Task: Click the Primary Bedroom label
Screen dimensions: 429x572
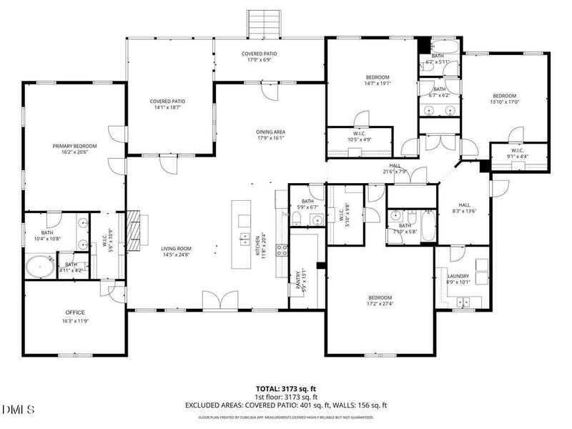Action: tap(74, 146)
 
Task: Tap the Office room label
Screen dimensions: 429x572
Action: tap(75, 312)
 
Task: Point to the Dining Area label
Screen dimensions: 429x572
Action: tap(271, 132)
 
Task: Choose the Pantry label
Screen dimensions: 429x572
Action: tap(298, 280)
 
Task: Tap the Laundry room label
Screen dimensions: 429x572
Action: tap(458, 276)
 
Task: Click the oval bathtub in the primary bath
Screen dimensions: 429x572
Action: tap(39, 268)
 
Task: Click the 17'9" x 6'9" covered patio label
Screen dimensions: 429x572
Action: tap(259, 60)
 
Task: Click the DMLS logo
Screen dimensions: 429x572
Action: tap(18, 409)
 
